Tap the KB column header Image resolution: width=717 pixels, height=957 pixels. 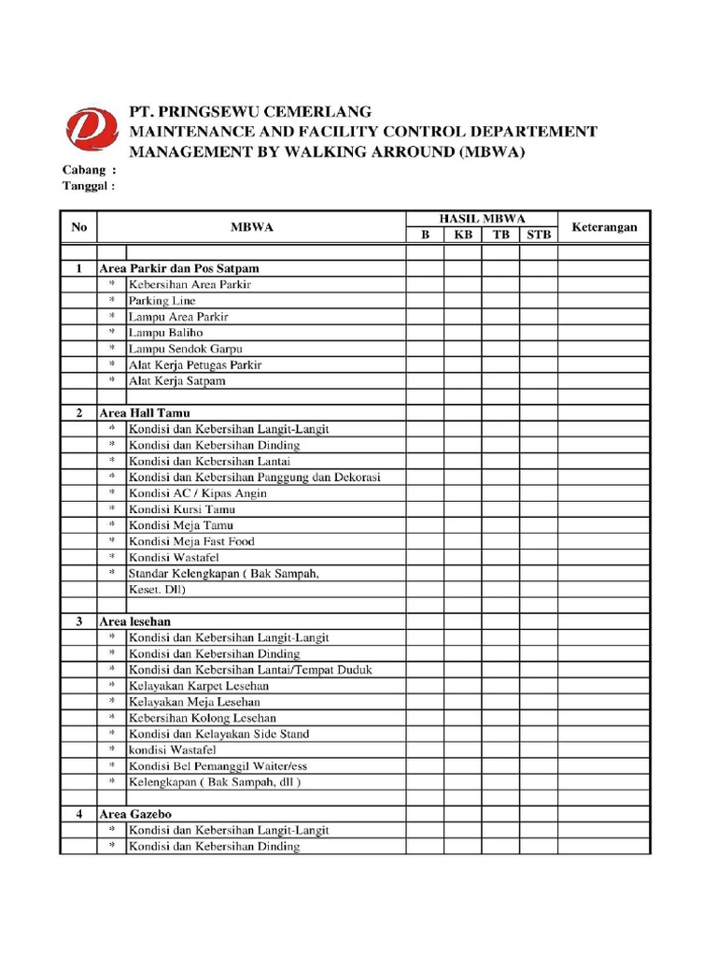click(463, 236)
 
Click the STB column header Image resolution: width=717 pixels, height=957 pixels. click(539, 236)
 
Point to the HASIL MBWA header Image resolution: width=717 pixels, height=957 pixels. click(482, 219)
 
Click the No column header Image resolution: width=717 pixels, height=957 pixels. click(78, 227)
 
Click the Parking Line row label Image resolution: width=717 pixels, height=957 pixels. click(162, 301)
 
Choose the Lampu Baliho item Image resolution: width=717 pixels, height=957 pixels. click(165, 333)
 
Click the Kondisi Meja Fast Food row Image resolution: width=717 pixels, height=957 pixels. click(191, 541)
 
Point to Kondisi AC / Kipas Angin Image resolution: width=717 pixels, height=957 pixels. click(197, 493)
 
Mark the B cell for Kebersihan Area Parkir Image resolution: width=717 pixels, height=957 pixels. click(425, 284)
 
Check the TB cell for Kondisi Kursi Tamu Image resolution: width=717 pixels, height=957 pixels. click(501, 509)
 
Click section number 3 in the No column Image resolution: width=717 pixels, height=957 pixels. click(78, 621)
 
